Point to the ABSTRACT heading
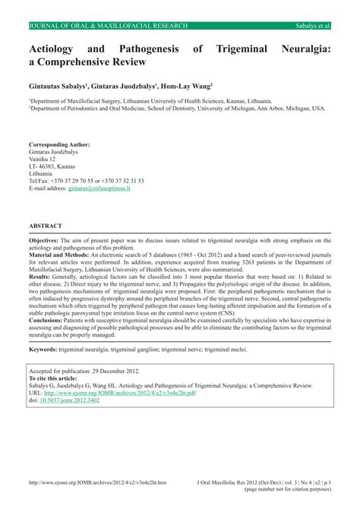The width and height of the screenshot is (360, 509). [46, 226]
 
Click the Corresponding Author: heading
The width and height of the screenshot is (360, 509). [59, 123]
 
